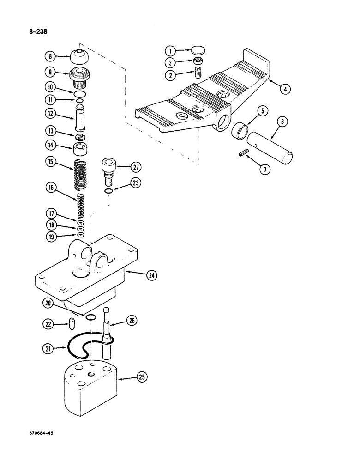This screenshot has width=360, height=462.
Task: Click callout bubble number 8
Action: pos(49,57)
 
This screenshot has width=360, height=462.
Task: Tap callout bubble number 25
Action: pos(142,378)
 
